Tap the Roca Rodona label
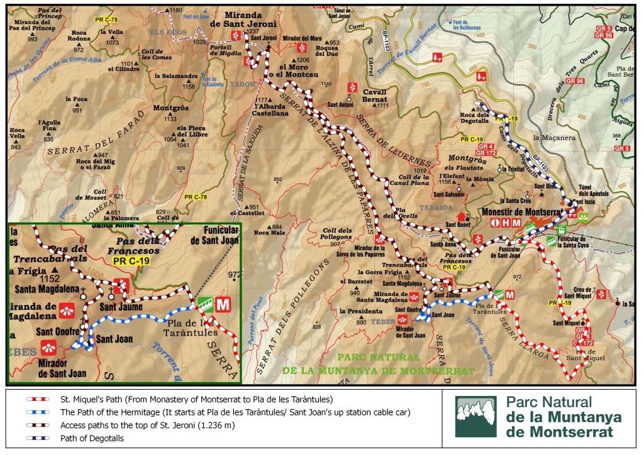(79, 36)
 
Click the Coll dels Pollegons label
(338, 233)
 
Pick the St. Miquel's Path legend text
(196, 400)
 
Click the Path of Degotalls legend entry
(92, 439)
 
